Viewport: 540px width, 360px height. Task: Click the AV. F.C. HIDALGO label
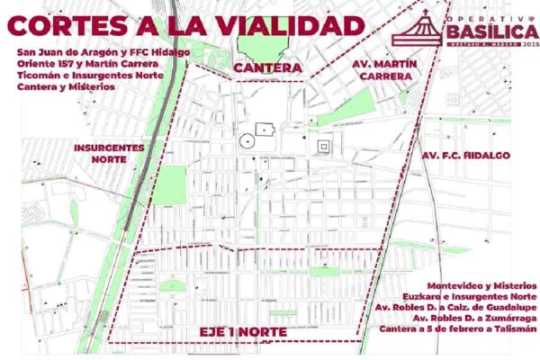pyautogui.click(x=465, y=155)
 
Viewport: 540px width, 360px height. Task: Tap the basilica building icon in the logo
pyautogui.click(x=420, y=28)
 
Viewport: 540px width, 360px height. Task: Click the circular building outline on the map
pyautogui.click(x=246, y=141)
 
